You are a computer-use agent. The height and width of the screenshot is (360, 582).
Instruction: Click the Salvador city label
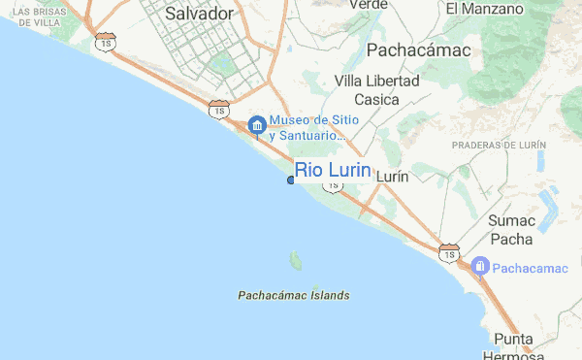[x=200, y=14]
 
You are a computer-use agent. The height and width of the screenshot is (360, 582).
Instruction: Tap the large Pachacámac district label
[x=418, y=49]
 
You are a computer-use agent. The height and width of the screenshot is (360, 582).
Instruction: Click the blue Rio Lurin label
[x=333, y=171]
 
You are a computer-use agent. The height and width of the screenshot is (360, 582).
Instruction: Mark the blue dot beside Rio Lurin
[x=291, y=180]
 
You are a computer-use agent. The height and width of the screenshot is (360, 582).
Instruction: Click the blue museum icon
[x=257, y=125]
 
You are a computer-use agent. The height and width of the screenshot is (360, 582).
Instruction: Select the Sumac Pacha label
[x=511, y=229]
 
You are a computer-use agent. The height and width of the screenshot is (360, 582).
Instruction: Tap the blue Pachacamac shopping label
[x=528, y=266]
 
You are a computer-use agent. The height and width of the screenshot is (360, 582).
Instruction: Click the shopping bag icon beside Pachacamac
[x=479, y=265]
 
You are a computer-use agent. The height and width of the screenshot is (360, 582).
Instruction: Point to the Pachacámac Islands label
[x=293, y=294]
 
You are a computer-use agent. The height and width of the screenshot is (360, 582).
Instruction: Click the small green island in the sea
[x=295, y=260]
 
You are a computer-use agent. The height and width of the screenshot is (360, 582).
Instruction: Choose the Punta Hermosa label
[x=512, y=347]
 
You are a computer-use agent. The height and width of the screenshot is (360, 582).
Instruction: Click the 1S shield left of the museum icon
[x=219, y=110]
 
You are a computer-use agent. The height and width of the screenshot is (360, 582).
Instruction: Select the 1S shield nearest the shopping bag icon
[x=448, y=252]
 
